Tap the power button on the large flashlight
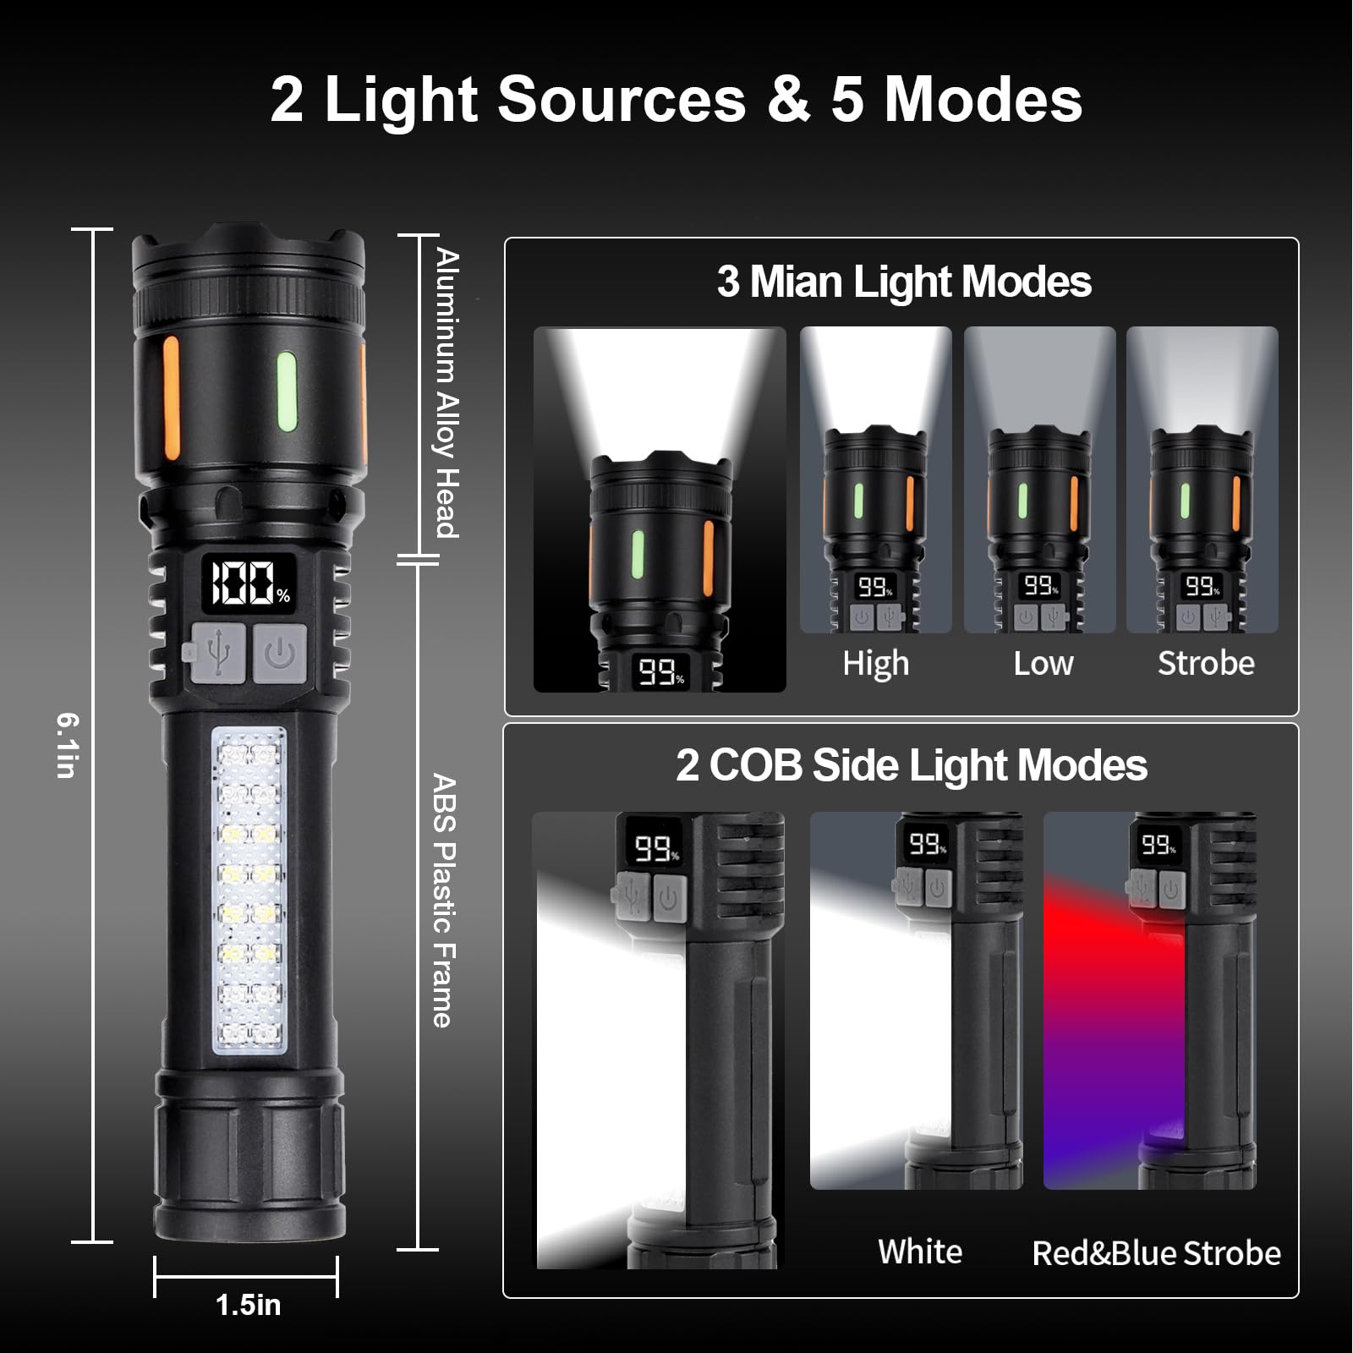pos(280,653)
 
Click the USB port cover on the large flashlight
pos(217,653)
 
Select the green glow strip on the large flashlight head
pos(287,392)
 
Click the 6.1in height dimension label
pos(68,744)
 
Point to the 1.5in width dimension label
pos(248,1305)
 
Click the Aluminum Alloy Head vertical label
pos(446,393)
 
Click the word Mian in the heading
pos(797,282)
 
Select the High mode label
pos(875,664)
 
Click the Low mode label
pos(1043,664)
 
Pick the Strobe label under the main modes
pos(1206,664)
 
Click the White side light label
pos(920,1252)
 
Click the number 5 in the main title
pos(847,100)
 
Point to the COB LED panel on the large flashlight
pos(249,890)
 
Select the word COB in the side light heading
pos(755,765)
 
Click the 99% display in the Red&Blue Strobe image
pos(1158,845)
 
